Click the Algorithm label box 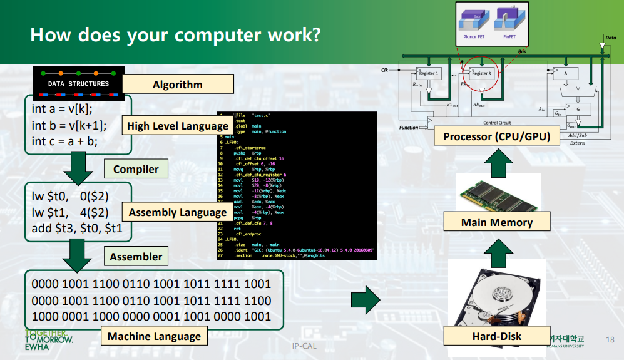(x=178, y=85)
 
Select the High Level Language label (x=177, y=126)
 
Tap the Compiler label (x=136, y=169)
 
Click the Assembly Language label (x=178, y=212)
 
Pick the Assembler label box (x=136, y=257)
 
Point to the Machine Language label (x=154, y=336)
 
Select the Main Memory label (x=497, y=222)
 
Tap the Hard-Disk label (x=497, y=336)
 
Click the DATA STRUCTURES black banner (x=78, y=83)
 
